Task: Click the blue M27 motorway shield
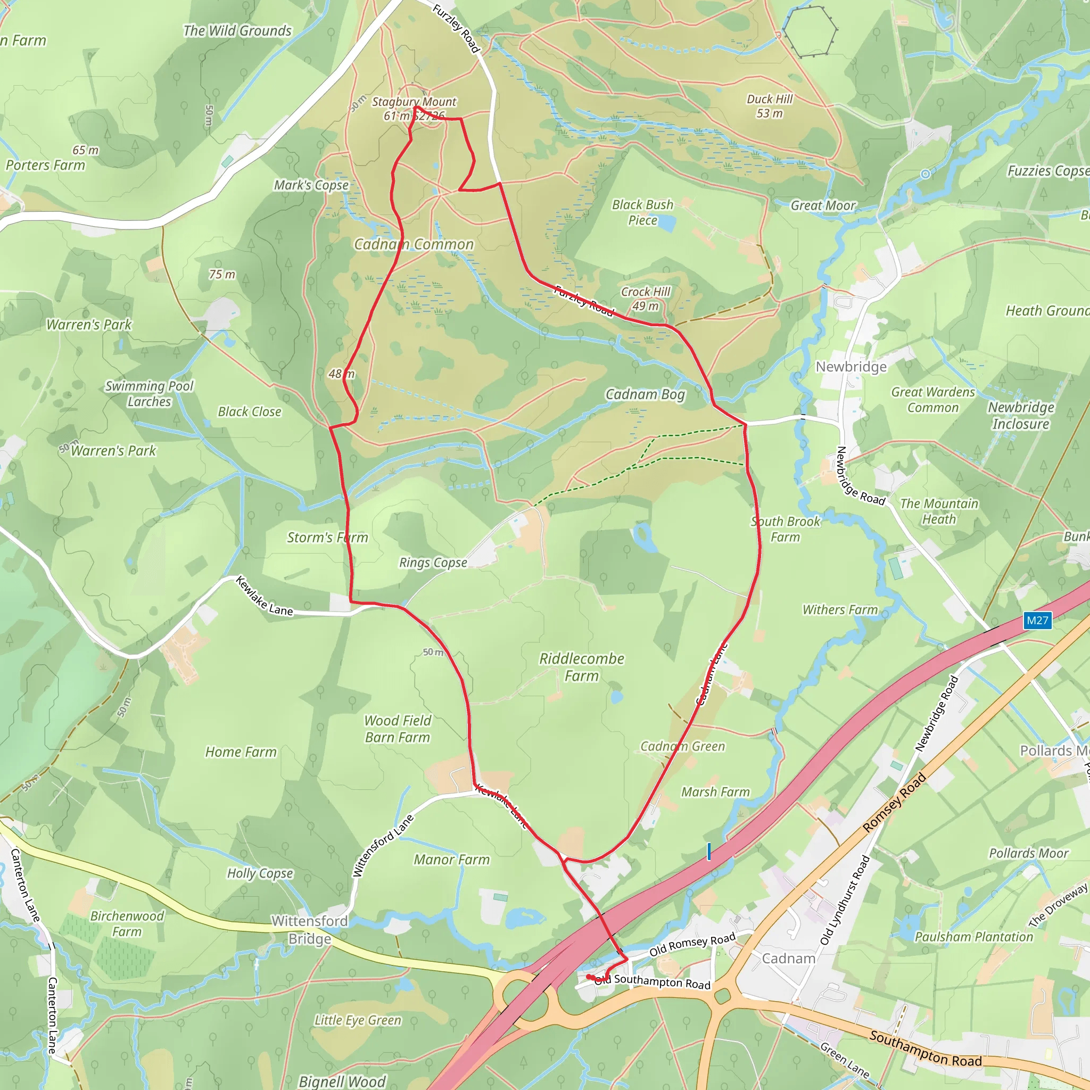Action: [1037, 621]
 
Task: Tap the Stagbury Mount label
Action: [414, 102]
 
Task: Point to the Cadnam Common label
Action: [414, 244]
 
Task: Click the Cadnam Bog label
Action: [645, 394]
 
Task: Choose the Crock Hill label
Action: [646, 292]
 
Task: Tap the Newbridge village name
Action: [851, 367]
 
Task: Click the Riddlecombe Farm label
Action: [582, 667]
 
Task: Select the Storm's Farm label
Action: [327, 538]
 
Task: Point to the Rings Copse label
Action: [433, 563]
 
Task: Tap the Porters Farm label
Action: [45, 166]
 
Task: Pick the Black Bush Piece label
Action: [642, 212]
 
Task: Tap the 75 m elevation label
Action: [222, 275]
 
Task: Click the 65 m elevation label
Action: [85, 150]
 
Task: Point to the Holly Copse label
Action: [260, 873]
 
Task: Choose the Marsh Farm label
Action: [715, 792]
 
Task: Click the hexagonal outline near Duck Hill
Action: [808, 31]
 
